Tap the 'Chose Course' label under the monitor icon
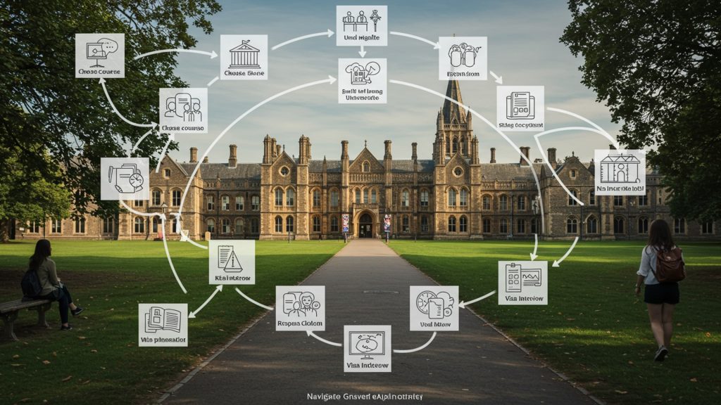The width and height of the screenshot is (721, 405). click(x=99, y=72)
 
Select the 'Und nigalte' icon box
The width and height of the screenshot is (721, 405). click(x=361, y=25)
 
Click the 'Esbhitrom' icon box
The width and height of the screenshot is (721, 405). click(x=463, y=58)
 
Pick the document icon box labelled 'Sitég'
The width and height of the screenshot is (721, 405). click(x=520, y=108)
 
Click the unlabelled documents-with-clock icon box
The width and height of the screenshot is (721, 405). click(x=125, y=178)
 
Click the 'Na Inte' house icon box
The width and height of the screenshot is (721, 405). click(x=620, y=171)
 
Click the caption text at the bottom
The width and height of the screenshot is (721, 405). click(x=365, y=397)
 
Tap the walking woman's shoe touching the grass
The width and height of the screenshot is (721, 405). click(x=660, y=353)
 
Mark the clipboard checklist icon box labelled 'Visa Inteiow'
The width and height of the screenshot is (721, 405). click(x=522, y=281)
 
